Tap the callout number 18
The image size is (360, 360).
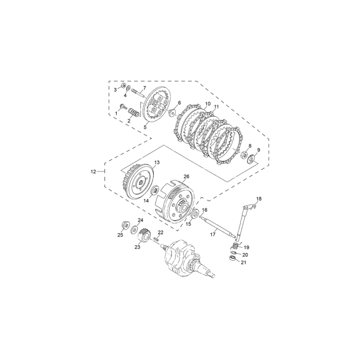258,199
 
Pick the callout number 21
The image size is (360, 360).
244,263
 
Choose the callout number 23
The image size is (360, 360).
137,246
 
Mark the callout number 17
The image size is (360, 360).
212,234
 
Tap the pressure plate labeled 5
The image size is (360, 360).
156,104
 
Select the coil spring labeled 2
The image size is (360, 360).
136,114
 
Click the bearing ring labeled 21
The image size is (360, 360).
233,259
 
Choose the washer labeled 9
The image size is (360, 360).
252,158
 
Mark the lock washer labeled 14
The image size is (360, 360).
155,191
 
